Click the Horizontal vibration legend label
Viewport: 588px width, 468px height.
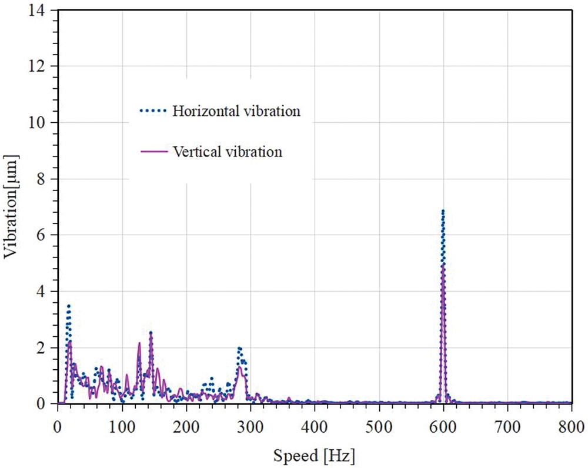(x=236, y=111)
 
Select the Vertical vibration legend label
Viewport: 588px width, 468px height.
(x=228, y=152)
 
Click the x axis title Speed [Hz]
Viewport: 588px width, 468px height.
(x=314, y=454)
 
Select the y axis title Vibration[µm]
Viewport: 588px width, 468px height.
(x=13, y=206)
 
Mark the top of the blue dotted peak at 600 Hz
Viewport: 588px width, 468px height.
(x=443, y=210)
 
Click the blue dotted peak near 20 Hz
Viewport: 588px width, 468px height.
(x=69, y=306)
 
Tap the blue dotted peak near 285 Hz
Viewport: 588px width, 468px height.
(x=240, y=349)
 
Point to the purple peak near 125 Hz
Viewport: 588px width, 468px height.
(x=139, y=343)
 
